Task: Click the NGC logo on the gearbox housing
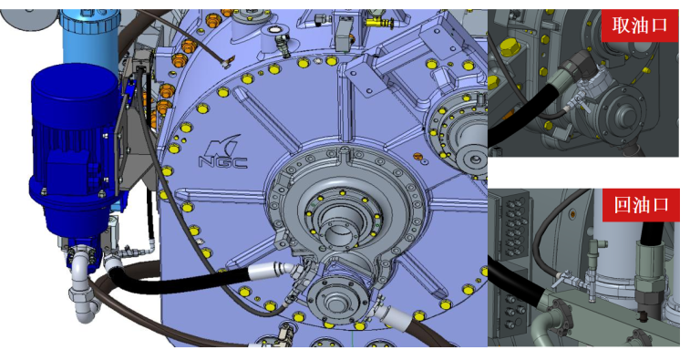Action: (x=223, y=152)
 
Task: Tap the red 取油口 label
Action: (x=640, y=26)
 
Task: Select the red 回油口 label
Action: (x=641, y=205)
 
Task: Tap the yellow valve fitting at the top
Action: (x=380, y=21)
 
